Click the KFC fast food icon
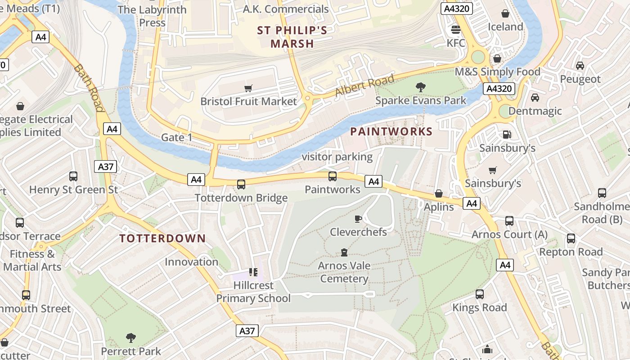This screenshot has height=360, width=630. point(455,30)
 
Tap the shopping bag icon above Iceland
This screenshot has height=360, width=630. point(505,13)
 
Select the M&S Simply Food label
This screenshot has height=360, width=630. point(497,72)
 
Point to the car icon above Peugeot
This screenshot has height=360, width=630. point(580,66)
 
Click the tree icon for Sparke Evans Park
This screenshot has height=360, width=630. point(421,87)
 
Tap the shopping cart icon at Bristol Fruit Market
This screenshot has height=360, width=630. point(248,88)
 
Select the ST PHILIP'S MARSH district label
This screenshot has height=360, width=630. point(292,37)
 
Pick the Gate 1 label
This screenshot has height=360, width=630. point(177,137)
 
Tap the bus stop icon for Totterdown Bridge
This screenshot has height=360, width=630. point(241,184)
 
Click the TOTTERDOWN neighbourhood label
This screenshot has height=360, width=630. point(162,238)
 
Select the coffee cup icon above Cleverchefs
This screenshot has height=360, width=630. point(358,219)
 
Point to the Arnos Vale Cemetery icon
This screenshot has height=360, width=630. point(344,252)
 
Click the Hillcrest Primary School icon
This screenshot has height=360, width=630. point(253,272)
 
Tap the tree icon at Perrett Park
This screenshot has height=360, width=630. point(131,337)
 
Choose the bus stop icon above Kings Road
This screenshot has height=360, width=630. point(480,294)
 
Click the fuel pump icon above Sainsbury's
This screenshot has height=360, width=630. point(507,134)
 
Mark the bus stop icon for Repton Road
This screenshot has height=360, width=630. point(571,238)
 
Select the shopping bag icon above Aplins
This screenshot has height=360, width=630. point(439,193)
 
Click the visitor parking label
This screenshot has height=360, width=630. point(337,157)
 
